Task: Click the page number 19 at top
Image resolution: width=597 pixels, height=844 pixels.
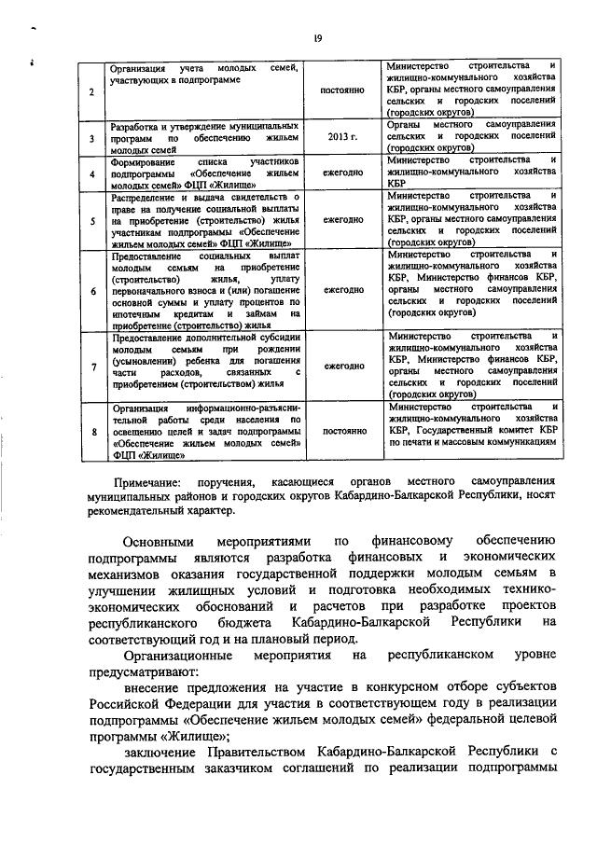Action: point(316,37)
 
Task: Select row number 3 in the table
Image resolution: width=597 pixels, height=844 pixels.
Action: point(91,137)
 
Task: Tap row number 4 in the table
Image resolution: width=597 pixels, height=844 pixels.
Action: point(91,173)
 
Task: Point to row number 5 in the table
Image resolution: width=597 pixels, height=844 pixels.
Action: point(91,221)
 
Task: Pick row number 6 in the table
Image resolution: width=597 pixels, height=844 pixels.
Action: point(91,290)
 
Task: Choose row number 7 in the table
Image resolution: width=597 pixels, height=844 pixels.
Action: point(91,367)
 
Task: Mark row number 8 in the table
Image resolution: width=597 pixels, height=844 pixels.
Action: point(91,432)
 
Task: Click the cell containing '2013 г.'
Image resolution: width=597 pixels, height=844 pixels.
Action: point(340,136)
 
